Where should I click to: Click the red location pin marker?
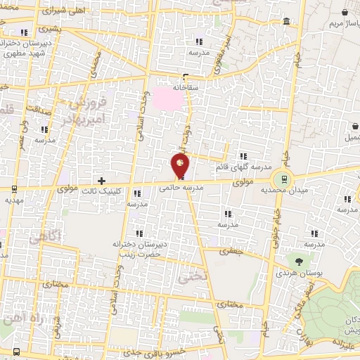pos(180,166)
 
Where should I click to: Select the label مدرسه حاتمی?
pos(181,188)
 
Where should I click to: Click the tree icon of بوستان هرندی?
pos(300,261)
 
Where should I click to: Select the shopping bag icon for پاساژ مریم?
pos(344,13)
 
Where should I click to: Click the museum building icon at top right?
pos(287,22)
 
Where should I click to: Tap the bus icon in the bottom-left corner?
pos(15,352)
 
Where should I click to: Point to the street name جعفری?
pos(231,251)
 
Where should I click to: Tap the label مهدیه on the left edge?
pos(13,200)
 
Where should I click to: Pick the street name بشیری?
pos(51,30)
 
